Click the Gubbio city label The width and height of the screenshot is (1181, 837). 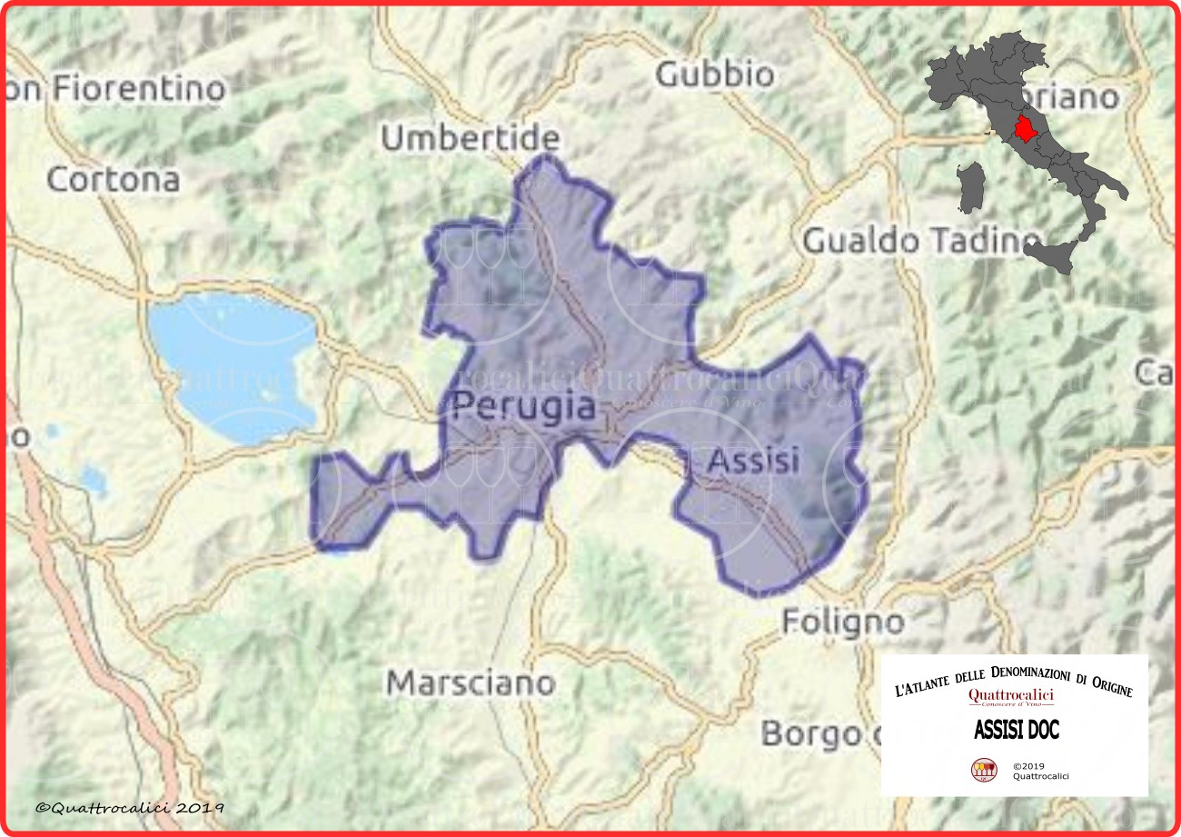coord(714,75)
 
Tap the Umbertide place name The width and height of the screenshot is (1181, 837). coord(470,139)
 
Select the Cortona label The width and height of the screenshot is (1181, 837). coord(113,180)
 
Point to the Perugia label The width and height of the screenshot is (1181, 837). coord(524,406)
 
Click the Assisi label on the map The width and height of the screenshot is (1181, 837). coord(753,461)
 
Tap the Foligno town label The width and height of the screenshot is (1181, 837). coord(843,623)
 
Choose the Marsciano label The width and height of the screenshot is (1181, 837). coord(471,683)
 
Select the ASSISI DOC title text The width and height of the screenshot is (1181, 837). coord(1016,730)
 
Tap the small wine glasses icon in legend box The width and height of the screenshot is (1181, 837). coord(984,770)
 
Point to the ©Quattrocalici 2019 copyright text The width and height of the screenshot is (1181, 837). coord(130,807)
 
